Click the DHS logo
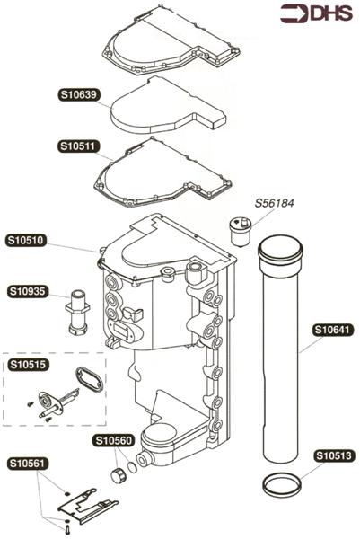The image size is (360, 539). click(316, 13)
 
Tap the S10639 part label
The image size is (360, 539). click(79, 94)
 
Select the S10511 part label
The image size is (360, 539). click(78, 146)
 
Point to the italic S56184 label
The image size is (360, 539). click(274, 203)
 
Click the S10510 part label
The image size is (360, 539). click(26, 240)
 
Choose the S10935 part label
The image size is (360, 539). click(27, 291)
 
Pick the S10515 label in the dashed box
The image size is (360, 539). click(28, 365)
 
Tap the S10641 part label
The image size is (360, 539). click(333, 330)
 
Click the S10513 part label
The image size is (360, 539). click(334, 455)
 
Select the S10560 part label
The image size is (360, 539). click(113, 441)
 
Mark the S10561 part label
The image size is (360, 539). click(27, 464)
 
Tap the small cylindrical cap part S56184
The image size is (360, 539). click(240, 231)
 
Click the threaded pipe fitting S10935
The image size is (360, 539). click(77, 312)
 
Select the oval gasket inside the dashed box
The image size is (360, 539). click(89, 379)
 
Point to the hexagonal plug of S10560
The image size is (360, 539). click(119, 474)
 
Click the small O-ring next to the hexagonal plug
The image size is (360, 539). click(132, 467)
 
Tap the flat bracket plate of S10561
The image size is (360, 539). click(88, 506)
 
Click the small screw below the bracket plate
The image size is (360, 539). click(66, 528)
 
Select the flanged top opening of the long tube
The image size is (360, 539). click(280, 249)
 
